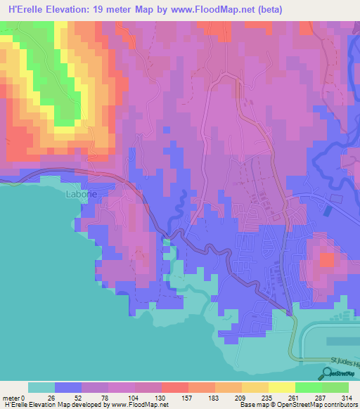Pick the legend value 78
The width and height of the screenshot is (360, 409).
pyautogui.click(x=95, y=397)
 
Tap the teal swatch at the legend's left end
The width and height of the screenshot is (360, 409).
pyautogui.click(x=41, y=387)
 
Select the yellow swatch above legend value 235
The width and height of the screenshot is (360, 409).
pyautogui.click(x=255, y=387)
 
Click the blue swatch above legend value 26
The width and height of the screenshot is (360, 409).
pyautogui.click(x=68, y=387)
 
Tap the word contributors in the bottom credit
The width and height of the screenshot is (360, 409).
pyautogui.click(x=337, y=404)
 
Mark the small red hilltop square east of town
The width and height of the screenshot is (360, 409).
pyautogui.click(x=327, y=259)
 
